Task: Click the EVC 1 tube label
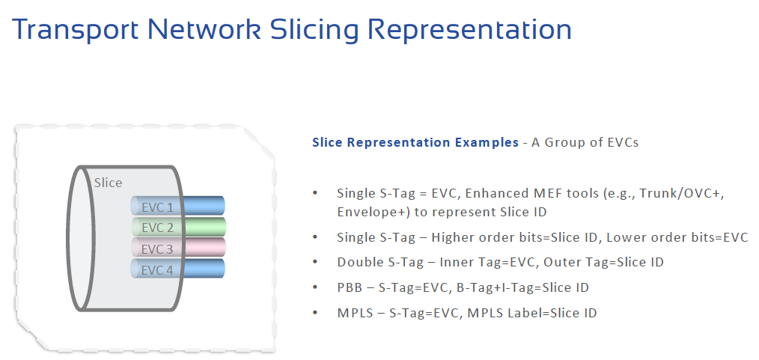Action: (x=157, y=207)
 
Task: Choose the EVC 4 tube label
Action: (x=157, y=269)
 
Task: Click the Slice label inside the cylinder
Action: (x=108, y=183)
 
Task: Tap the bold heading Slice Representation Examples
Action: (x=415, y=142)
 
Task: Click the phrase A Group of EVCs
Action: (x=585, y=142)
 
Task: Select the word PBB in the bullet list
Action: (x=349, y=287)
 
